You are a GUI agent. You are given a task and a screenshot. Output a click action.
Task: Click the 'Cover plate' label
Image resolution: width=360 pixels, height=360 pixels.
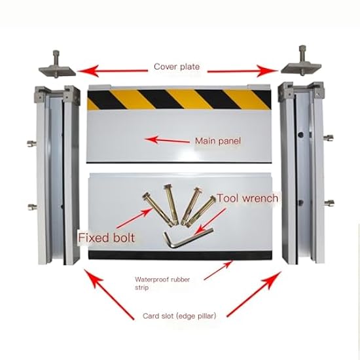[177, 67]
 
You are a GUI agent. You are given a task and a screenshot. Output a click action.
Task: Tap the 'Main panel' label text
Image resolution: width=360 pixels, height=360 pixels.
[218, 141]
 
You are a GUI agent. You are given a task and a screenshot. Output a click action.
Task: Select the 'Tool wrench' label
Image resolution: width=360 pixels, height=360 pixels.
[247, 198]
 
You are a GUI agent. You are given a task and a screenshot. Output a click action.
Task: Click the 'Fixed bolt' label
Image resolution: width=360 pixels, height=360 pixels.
[106, 238]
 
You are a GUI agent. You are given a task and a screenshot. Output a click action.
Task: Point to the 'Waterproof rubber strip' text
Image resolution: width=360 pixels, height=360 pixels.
[162, 283]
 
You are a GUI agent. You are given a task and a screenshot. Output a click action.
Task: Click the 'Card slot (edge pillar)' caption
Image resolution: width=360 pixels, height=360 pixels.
[179, 316]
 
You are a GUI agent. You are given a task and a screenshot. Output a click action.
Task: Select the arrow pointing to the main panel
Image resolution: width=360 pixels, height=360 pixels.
[167, 140]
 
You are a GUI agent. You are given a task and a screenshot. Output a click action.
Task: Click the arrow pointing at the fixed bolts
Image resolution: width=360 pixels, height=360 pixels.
[135, 218]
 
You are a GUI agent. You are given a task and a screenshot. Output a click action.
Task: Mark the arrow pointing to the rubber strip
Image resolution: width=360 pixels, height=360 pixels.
[219, 270]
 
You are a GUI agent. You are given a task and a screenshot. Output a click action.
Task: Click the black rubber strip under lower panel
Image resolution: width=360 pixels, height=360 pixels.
[180, 255]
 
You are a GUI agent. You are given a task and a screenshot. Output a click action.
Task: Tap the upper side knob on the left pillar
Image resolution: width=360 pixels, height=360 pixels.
[31, 143]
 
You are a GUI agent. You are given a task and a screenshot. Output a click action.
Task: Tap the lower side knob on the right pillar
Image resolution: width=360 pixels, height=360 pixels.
[329, 203]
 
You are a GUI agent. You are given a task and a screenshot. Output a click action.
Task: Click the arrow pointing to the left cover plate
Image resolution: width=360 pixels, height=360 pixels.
[113, 71]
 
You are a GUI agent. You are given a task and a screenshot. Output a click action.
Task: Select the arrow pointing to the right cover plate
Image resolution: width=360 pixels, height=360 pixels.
[243, 71]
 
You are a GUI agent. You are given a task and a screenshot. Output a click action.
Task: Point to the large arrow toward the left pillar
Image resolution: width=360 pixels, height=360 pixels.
[109, 294]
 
